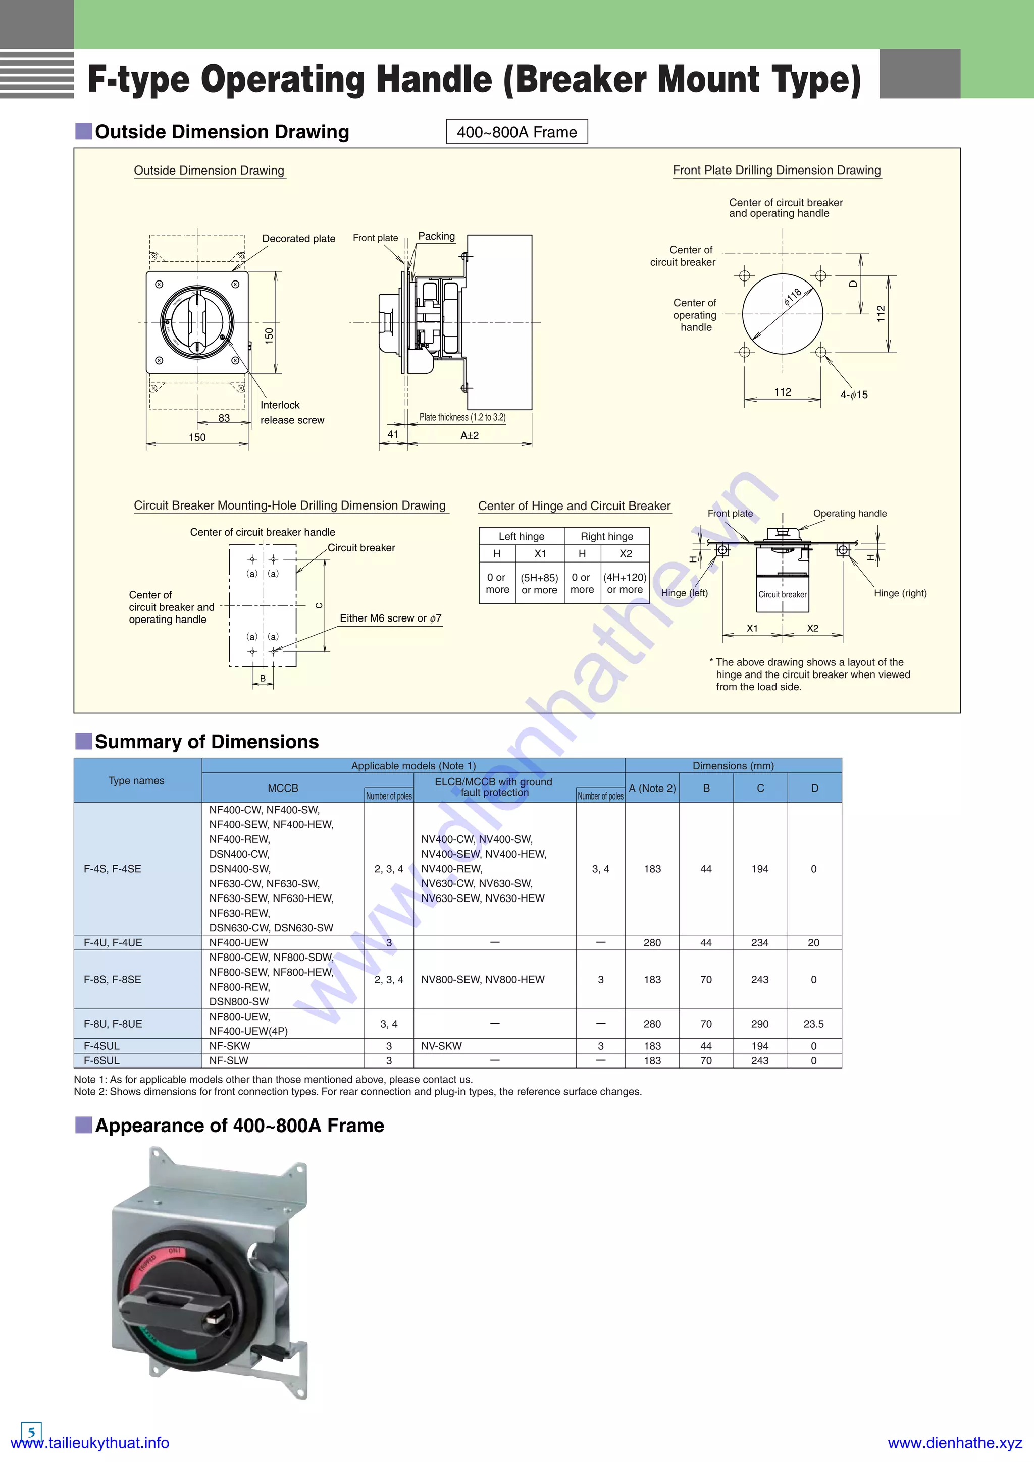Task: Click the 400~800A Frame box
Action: (516, 132)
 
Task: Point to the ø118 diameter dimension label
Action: (793, 297)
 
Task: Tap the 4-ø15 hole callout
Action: (854, 395)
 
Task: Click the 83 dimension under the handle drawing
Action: (224, 418)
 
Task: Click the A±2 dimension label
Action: (470, 435)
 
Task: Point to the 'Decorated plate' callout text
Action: (299, 239)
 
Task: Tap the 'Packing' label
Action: (436, 236)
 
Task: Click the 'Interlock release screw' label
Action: (292, 413)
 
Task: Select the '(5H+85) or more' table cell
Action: (540, 583)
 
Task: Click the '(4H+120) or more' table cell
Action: (625, 583)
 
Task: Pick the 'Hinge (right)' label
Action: (900, 593)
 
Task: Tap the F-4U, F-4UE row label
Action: (113, 942)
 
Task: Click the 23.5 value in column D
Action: (813, 1024)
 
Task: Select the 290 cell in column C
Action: (759, 1024)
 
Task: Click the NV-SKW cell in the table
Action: (441, 1046)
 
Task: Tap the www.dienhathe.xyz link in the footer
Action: (954, 1443)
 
